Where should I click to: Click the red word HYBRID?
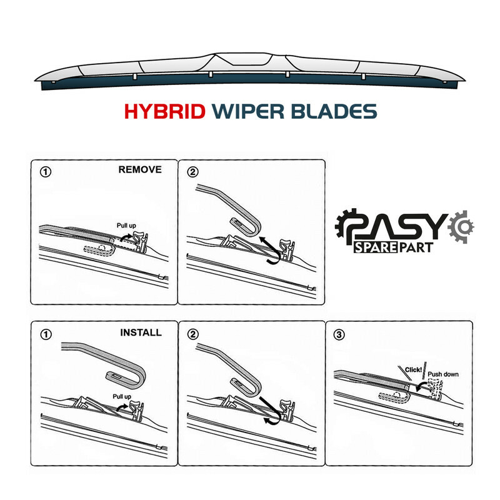(164, 111)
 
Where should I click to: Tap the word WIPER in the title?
(248, 111)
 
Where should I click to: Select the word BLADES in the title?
(334, 111)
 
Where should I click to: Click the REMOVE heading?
(140, 169)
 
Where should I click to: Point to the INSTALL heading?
(141, 332)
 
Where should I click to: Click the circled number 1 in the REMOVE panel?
(45, 172)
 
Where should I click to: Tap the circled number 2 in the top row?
(192, 172)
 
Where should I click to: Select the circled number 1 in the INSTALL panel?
(46, 334)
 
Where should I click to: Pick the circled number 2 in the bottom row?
(193, 334)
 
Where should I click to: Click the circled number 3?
(339, 334)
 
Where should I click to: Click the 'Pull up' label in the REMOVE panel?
(126, 226)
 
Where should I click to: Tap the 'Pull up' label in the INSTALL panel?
(122, 397)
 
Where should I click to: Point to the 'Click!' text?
(413, 370)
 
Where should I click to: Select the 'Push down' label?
(443, 374)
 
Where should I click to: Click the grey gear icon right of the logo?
(461, 227)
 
